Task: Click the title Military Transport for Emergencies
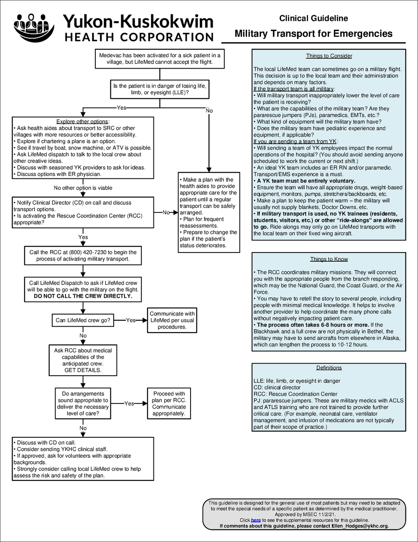coord(313,34)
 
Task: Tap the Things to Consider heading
coord(329,56)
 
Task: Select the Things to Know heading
coord(329,259)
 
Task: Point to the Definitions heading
coord(329,368)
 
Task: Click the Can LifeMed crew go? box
coord(83,320)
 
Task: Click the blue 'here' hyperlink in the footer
coord(256,520)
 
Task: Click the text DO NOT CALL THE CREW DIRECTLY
coord(83,296)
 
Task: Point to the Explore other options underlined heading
coord(82,121)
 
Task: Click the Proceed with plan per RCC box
coord(169,403)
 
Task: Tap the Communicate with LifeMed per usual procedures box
coord(172,320)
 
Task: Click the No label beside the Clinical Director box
coord(166,212)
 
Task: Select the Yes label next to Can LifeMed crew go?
coord(131,320)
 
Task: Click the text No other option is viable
coord(83,188)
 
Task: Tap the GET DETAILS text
coord(83,371)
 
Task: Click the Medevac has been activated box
coord(159,59)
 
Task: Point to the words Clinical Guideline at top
coord(313,18)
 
